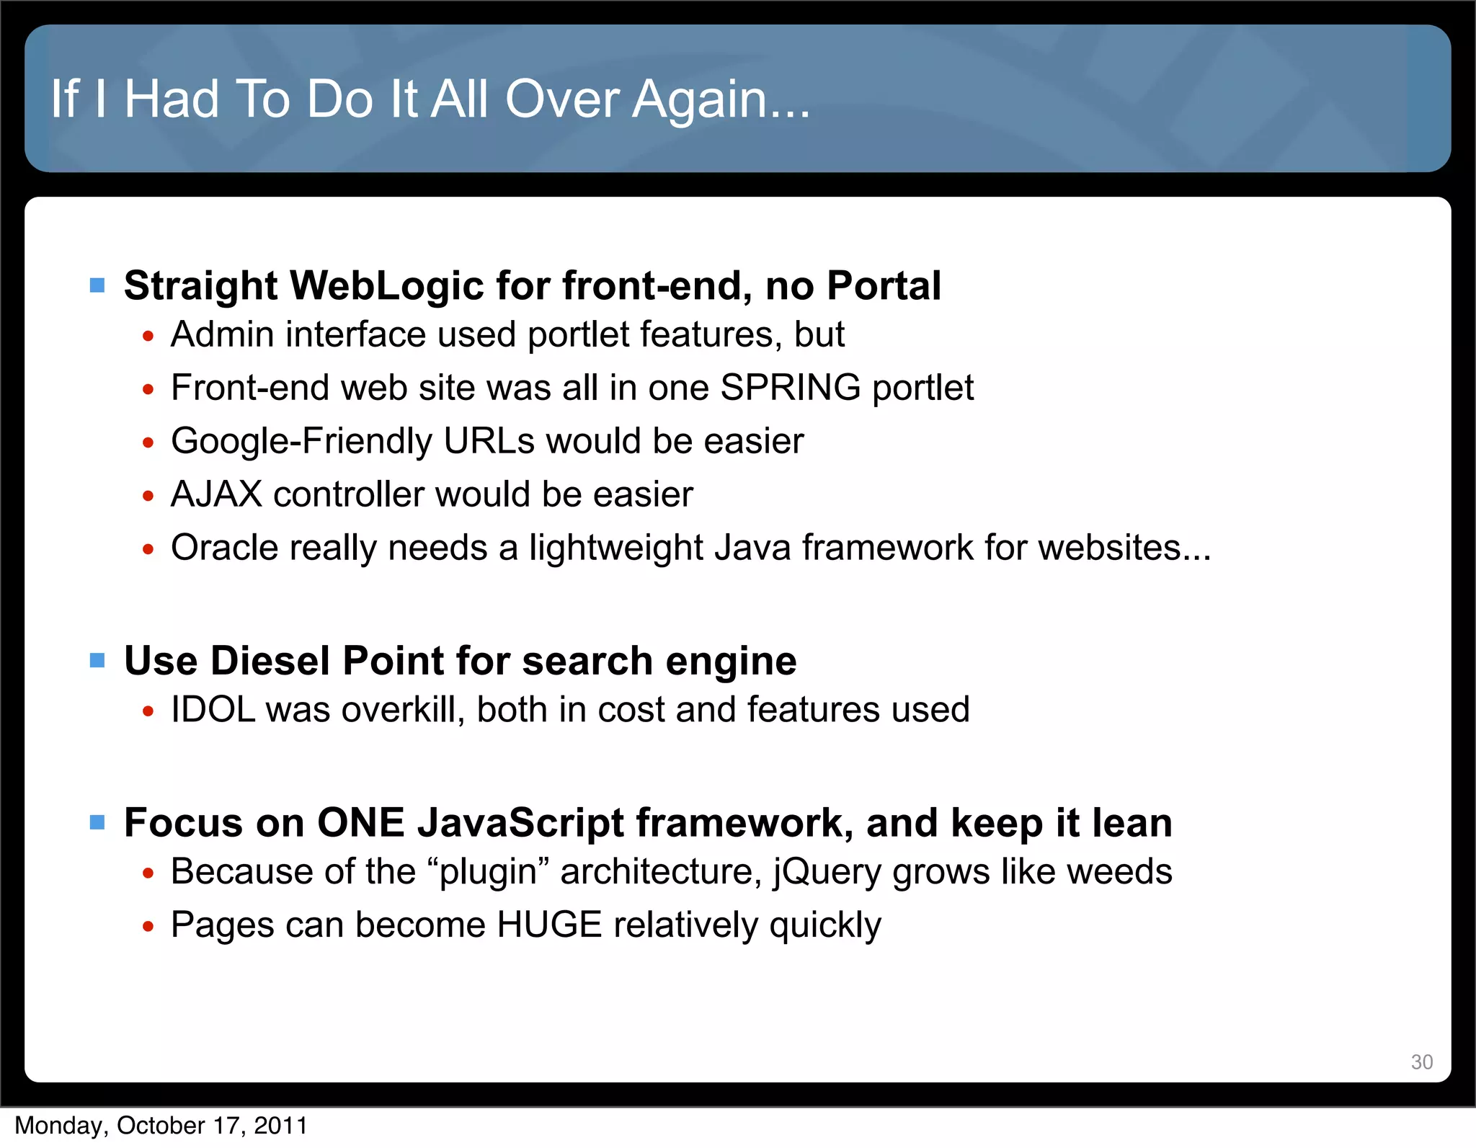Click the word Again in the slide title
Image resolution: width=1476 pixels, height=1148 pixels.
point(721,99)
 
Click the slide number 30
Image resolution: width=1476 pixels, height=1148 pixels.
point(1421,1062)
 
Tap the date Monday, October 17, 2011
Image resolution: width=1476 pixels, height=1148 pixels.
point(161,1126)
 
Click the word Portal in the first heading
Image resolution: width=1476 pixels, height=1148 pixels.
point(884,285)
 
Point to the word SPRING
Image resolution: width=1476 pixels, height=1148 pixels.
point(790,388)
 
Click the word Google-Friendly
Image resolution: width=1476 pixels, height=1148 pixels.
point(301,441)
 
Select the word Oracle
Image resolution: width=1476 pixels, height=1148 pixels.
point(225,548)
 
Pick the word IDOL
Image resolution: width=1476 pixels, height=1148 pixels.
point(213,710)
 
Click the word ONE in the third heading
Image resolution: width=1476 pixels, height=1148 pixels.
point(360,823)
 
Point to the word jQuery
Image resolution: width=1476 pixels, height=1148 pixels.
point(827,872)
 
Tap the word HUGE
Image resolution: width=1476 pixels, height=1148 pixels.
point(549,925)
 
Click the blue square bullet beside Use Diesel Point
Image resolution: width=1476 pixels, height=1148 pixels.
point(97,661)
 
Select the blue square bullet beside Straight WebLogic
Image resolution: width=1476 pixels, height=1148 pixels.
point(97,286)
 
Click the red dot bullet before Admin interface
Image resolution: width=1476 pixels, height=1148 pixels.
point(148,337)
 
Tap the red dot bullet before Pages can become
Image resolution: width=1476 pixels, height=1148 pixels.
point(148,927)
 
